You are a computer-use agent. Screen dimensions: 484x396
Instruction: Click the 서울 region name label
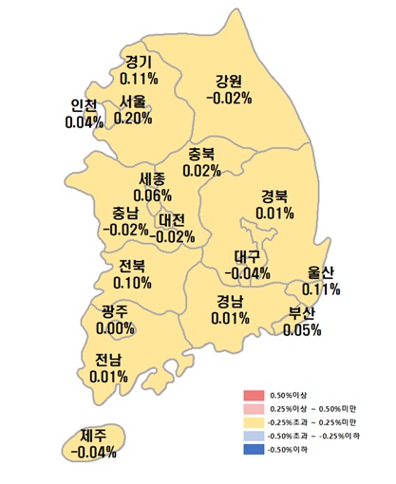(x=133, y=102)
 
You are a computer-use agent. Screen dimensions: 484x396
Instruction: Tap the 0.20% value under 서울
(x=133, y=118)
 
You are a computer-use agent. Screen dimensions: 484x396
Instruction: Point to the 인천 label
(x=85, y=105)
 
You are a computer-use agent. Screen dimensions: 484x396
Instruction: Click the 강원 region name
(x=229, y=80)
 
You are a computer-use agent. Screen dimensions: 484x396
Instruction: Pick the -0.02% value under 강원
(x=229, y=97)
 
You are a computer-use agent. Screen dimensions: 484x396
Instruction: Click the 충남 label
(x=124, y=212)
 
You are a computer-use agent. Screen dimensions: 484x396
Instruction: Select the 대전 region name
(x=174, y=219)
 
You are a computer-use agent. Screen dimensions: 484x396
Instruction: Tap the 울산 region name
(x=322, y=271)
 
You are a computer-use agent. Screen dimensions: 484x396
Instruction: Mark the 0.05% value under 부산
(x=303, y=329)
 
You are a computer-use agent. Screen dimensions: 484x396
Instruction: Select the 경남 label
(x=230, y=301)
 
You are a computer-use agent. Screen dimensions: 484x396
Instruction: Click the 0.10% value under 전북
(x=132, y=282)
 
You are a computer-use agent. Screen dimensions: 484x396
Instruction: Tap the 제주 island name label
(x=93, y=436)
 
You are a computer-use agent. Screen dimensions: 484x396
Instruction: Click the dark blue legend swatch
(x=253, y=450)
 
